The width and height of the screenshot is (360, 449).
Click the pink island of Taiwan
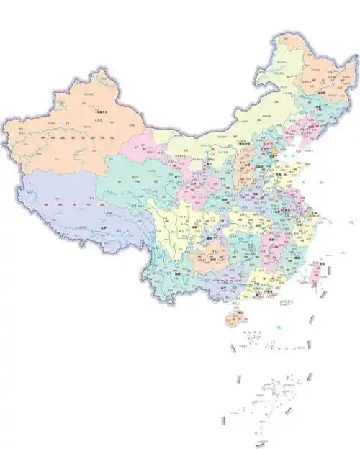point(315,274)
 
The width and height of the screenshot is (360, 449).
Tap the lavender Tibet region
point(65,209)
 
